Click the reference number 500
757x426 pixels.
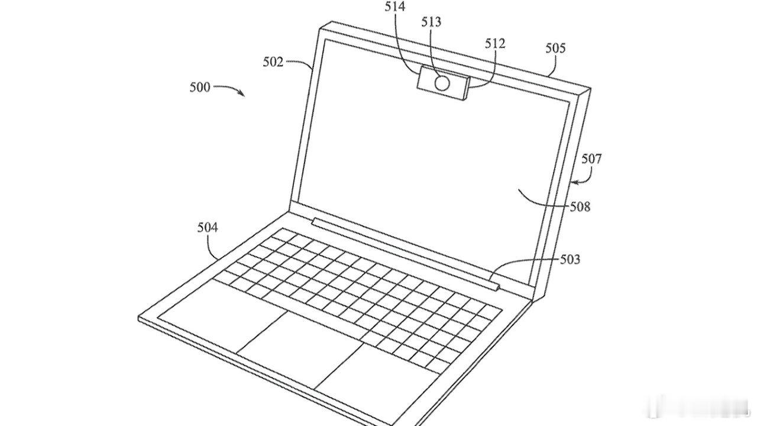point(200,87)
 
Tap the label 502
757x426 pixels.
point(273,62)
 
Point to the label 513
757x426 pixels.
point(432,22)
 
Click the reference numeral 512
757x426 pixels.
point(495,43)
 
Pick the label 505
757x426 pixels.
point(555,48)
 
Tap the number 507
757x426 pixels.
point(591,158)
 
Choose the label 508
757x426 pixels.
point(580,207)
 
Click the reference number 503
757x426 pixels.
point(570,259)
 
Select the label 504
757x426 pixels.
point(208,227)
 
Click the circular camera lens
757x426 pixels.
point(442,83)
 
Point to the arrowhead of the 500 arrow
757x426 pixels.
point(242,94)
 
